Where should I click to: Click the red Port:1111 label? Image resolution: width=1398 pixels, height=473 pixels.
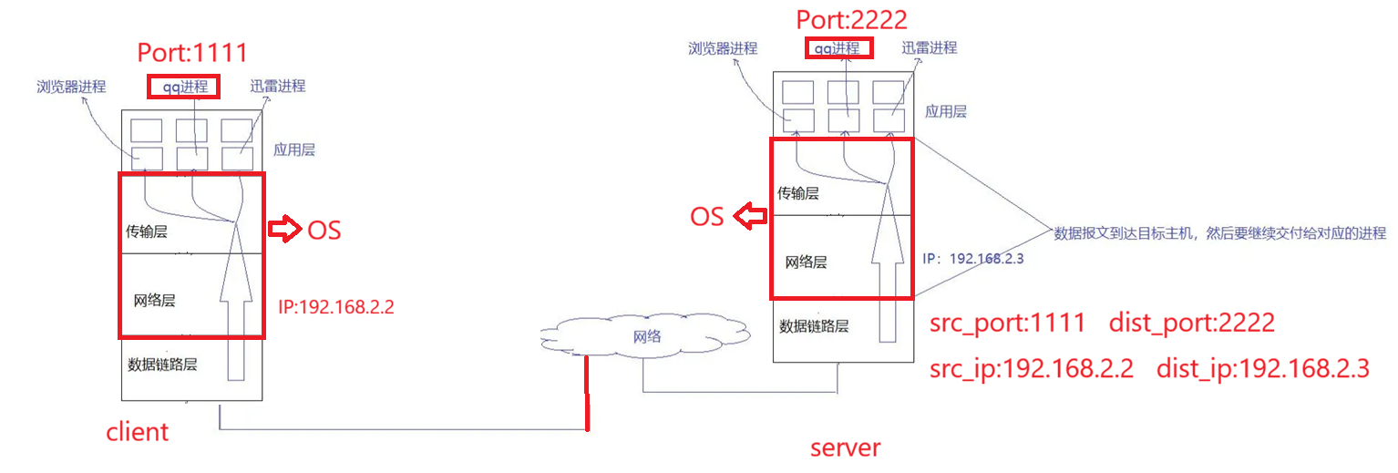pos(192,52)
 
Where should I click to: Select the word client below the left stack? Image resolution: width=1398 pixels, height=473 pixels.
pos(138,430)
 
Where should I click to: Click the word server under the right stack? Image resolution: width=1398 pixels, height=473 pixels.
pos(846,447)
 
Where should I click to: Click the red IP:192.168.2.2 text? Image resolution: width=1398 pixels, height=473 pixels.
pos(336,306)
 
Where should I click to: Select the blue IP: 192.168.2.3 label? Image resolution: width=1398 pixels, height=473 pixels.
pos(974,259)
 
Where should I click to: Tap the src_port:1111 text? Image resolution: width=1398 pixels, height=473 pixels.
pos(1007,323)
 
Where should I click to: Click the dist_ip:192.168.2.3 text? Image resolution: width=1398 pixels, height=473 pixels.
pos(1262,369)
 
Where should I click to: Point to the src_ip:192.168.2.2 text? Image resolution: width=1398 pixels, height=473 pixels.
pos(1032,369)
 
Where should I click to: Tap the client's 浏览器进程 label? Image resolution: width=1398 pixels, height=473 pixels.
pos(71,87)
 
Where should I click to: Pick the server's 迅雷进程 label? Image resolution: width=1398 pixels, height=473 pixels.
pos(930,47)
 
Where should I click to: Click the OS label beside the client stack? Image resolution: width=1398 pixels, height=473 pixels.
pos(324,230)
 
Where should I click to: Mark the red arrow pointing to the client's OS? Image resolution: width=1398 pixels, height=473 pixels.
pos(284,230)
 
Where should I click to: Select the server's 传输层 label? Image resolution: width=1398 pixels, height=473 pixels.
pos(797,193)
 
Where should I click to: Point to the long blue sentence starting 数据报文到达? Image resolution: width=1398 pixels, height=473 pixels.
pos(1219,232)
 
